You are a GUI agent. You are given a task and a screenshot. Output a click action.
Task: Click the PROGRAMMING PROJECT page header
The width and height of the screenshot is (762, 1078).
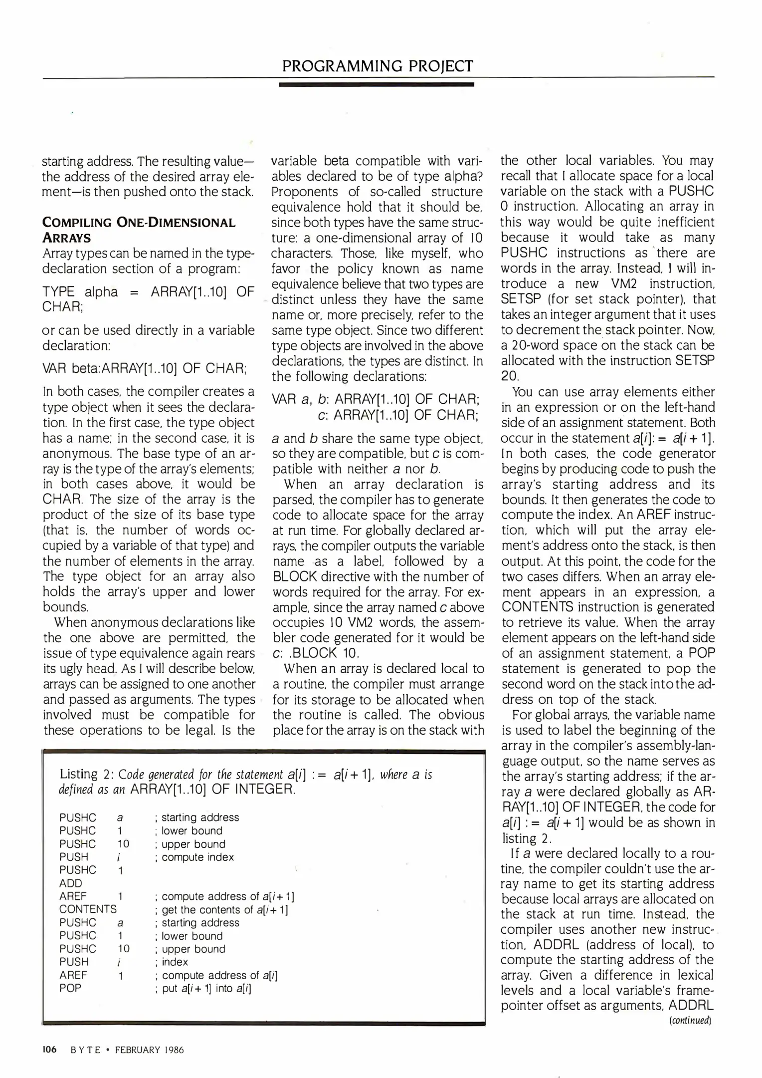(x=378, y=66)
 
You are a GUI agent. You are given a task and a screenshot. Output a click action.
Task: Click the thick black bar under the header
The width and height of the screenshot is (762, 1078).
(x=377, y=85)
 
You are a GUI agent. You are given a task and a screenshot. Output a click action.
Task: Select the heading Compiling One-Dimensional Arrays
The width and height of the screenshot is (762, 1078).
(x=139, y=230)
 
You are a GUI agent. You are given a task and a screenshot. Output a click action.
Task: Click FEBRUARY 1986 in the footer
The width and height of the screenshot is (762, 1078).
(x=149, y=1050)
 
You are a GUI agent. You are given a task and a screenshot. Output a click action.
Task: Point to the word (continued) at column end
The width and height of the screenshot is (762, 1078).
(x=690, y=1021)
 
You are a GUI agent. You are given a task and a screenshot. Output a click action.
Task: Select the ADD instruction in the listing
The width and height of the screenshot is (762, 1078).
(x=70, y=883)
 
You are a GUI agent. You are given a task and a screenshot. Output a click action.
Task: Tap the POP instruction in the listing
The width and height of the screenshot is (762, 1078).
(x=70, y=988)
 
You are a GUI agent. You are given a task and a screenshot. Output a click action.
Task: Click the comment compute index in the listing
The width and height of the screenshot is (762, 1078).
(x=197, y=857)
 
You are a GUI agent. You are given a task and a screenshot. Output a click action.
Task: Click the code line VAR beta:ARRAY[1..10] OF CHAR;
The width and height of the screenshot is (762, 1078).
(x=145, y=368)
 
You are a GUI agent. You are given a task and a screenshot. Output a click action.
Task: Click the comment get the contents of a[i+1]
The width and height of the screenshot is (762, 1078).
(x=225, y=909)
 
